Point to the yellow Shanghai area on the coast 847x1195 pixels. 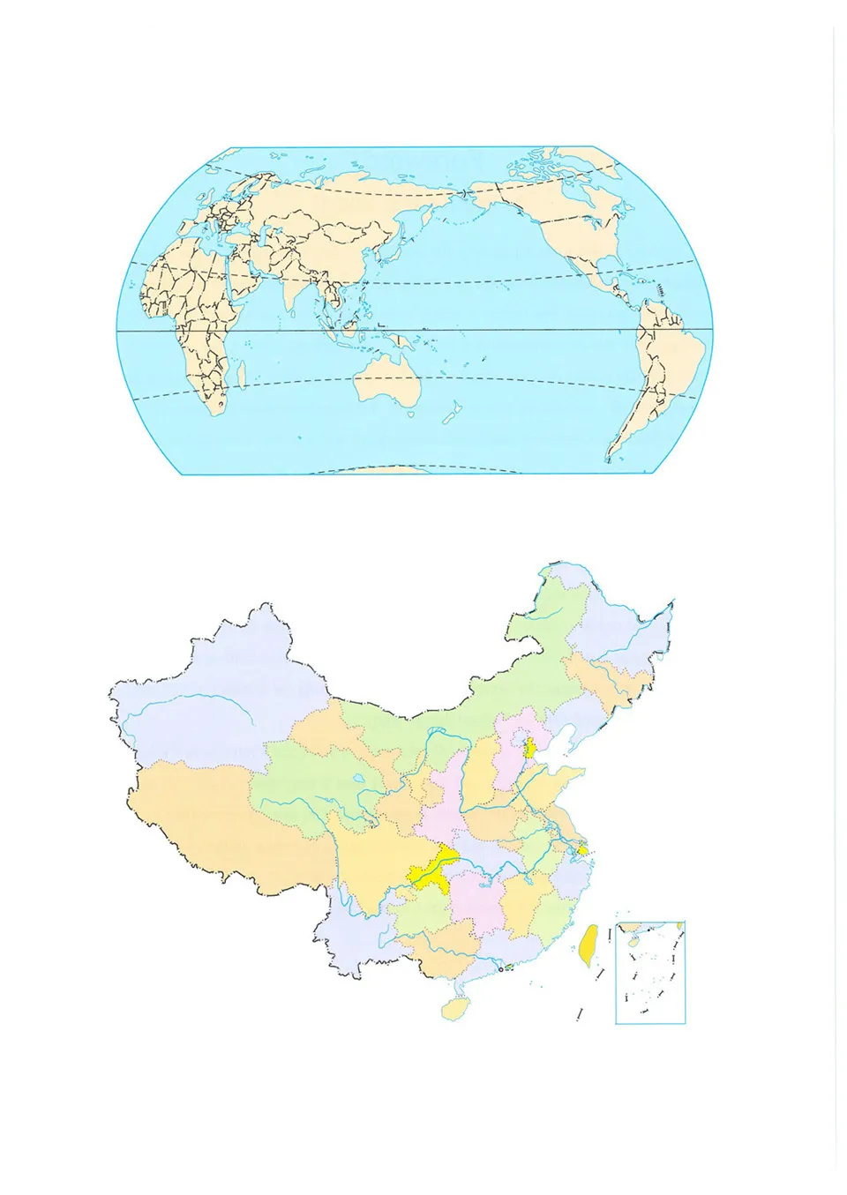[x=583, y=850]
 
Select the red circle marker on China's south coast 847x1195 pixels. [x=500, y=971]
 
